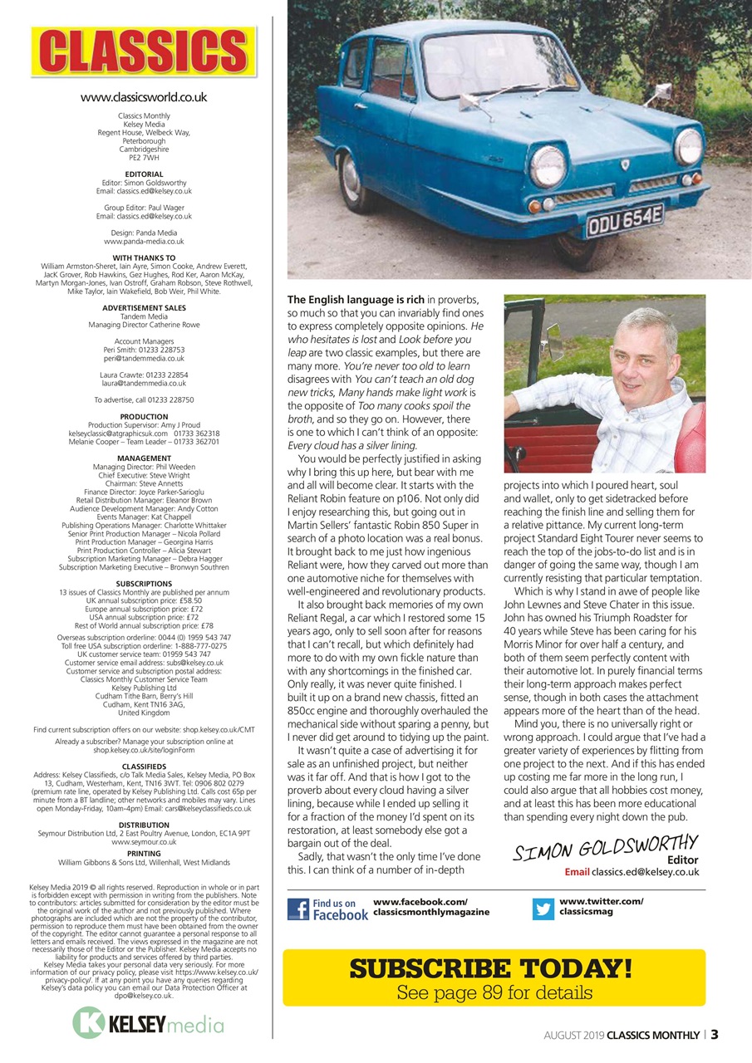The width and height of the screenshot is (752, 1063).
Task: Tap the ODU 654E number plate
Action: point(625,220)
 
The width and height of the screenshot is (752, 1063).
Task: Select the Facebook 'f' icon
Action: point(298,909)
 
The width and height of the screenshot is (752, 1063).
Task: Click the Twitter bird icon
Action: point(543,909)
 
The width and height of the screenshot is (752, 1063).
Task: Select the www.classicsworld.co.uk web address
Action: point(144,97)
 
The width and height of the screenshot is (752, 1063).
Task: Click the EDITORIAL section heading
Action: point(144,174)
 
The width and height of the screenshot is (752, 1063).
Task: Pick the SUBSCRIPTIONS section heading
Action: point(144,584)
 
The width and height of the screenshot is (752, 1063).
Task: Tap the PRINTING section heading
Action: point(144,854)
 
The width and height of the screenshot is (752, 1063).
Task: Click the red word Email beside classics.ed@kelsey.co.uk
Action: point(577,872)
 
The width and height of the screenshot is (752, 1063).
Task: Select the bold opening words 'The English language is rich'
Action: point(356,299)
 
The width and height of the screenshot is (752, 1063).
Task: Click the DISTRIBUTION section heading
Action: point(144,825)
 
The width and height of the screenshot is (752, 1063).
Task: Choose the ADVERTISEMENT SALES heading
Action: point(144,308)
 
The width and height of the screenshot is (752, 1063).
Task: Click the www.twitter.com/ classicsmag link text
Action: point(601,906)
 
